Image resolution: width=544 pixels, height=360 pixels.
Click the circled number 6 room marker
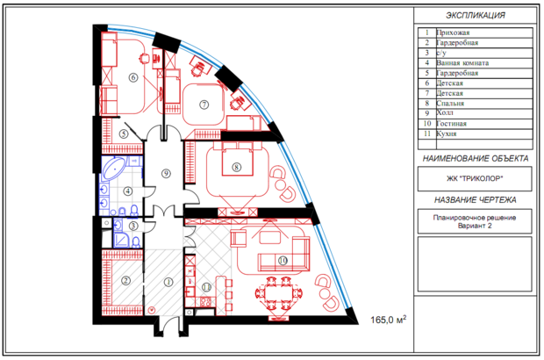click(133, 77)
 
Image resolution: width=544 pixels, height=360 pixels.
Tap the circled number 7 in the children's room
click(204, 104)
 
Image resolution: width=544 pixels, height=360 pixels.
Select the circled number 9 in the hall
click(166, 173)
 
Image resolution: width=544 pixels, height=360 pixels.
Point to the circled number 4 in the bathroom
click(128, 191)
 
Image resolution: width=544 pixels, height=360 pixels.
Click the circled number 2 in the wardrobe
click(125, 280)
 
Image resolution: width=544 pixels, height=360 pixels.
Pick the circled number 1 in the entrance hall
click(168, 282)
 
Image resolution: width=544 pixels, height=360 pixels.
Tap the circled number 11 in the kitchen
click(206, 287)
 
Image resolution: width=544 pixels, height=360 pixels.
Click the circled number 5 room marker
click(124, 133)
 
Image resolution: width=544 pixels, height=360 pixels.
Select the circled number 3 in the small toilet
click(133, 226)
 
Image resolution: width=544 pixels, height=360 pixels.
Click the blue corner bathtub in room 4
click(114, 169)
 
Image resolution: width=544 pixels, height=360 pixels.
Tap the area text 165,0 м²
click(389, 319)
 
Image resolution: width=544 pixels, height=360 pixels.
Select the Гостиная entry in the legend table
click(451, 124)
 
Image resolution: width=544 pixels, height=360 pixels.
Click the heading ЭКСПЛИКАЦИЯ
click(476, 15)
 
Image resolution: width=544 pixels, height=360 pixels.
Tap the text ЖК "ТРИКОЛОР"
click(475, 179)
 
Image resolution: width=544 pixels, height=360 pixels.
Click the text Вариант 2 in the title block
click(475, 226)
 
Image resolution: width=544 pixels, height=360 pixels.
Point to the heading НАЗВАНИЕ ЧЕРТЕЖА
click(475, 200)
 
